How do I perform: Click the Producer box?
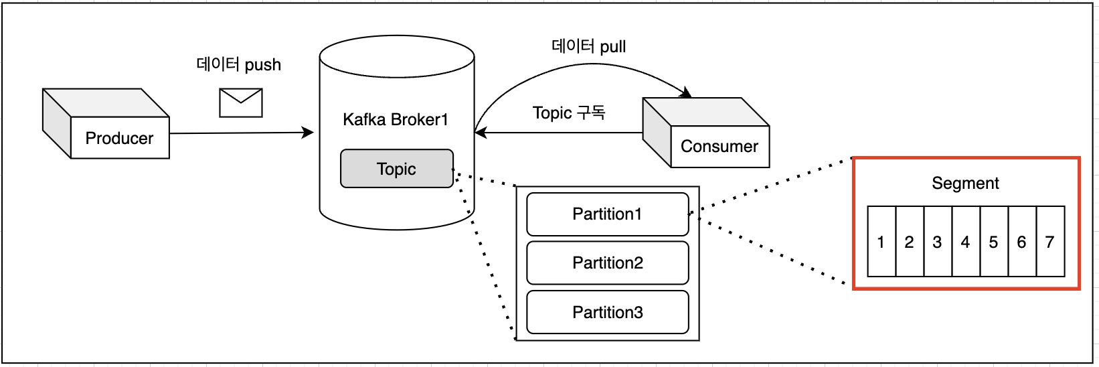point(119,138)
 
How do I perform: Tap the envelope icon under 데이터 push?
point(241,103)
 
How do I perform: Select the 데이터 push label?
point(238,64)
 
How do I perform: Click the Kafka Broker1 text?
point(395,120)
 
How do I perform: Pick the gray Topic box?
point(396,169)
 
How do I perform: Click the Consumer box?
point(719,146)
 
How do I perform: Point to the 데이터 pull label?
point(588,46)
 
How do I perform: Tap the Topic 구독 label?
point(568,113)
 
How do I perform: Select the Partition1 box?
point(607,214)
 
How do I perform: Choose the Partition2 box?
point(607,263)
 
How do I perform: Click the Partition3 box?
point(607,312)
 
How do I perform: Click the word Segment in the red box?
point(965,183)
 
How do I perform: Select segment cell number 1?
point(881,242)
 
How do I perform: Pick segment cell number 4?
point(965,242)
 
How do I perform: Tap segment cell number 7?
point(1049,242)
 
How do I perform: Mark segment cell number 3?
point(937,242)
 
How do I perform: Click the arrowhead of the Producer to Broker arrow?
point(309,133)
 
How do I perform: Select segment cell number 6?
point(1021,242)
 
